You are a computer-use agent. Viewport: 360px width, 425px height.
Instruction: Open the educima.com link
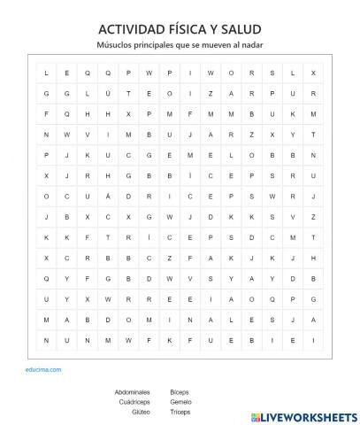[x=44, y=358]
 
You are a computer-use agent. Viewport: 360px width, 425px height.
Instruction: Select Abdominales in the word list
[x=133, y=390]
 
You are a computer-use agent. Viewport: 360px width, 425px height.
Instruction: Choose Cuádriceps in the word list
[x=134, y=401]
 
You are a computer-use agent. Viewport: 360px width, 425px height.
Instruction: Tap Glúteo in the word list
[x=140, y=412]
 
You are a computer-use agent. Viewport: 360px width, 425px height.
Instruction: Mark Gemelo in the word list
[x=181, y=401]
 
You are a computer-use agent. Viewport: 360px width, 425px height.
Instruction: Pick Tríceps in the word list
[x=181, y=412]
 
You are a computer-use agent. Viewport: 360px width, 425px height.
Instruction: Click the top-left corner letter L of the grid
[x=45, y=73]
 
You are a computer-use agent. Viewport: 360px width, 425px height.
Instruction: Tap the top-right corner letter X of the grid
[x=313, y=73]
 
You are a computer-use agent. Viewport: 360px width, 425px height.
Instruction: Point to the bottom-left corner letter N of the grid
[x=45, y=337]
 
